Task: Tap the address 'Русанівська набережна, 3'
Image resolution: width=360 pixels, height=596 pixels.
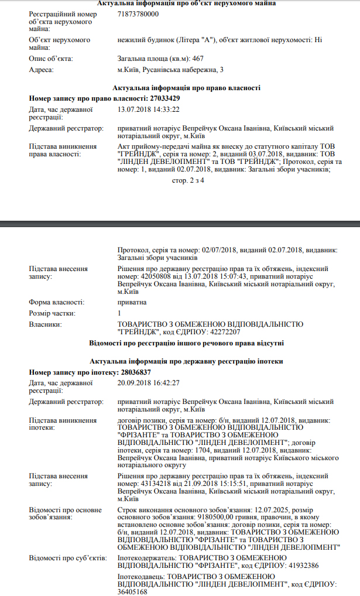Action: tap(183, 70)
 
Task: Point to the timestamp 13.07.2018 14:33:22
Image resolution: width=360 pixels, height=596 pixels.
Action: tap(148, 109)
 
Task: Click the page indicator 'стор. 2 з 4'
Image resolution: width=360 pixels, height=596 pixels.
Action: tap(188, 180)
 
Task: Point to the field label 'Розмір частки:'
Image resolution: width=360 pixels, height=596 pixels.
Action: tap(52, 313)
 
